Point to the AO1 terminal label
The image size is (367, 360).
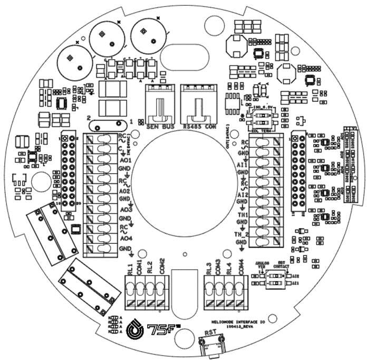click(126, 159)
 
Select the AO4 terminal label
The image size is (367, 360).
click(126, 239)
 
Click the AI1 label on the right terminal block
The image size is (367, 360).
click(243, 166)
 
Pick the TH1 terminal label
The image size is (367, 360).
click(243, 215)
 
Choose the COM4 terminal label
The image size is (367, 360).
click(241, 267)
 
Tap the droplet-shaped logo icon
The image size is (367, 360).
click(136, 329)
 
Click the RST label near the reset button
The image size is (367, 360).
click(211, 334)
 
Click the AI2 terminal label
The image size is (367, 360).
click(243, 195)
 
